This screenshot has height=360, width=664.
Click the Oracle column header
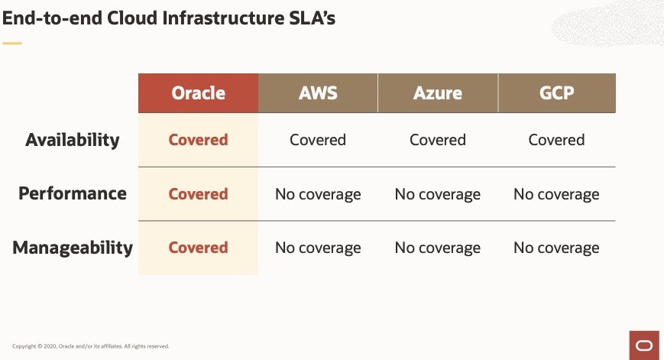(x=198, y=93)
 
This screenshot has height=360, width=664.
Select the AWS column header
(x=318, y=93)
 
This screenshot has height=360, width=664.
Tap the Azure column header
(x=438, y=93)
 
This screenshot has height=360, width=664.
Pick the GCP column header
(x=557, y=93)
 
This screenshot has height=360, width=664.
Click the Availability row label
(x=73, y=140)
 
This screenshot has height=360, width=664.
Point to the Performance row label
(x=73, y=193)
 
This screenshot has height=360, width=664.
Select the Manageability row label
(x=73, y=248)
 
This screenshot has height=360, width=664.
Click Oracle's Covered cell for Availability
(x=198, y=140)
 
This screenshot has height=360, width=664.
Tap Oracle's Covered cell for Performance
(x=198, y=194)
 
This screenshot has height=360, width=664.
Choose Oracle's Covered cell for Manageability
(x=198, y=248)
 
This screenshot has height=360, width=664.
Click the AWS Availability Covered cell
(x=318, y=140)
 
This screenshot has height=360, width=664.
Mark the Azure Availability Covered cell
(x=438, y=140)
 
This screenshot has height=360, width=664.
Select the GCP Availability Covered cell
(x=557, y=140)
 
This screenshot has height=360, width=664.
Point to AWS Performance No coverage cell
(x=318, y=194)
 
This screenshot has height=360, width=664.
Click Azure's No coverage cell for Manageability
(x=438, y=248)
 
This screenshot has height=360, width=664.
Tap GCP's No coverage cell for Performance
(x=557, y=194)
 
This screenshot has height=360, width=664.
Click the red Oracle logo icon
(x=644, y=345)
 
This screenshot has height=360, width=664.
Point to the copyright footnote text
(x=91, y=346)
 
